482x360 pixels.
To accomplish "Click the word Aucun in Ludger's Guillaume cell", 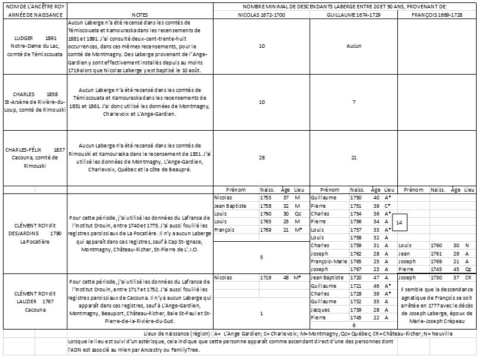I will pos(354,45).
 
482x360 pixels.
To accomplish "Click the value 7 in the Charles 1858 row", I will pos(354,101).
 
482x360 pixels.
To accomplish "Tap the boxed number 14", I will pos(400,221).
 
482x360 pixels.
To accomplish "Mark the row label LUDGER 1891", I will pos(34,37).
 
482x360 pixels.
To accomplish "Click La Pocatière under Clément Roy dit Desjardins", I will pos(35,242).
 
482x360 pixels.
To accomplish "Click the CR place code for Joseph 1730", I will pos(468,278).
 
